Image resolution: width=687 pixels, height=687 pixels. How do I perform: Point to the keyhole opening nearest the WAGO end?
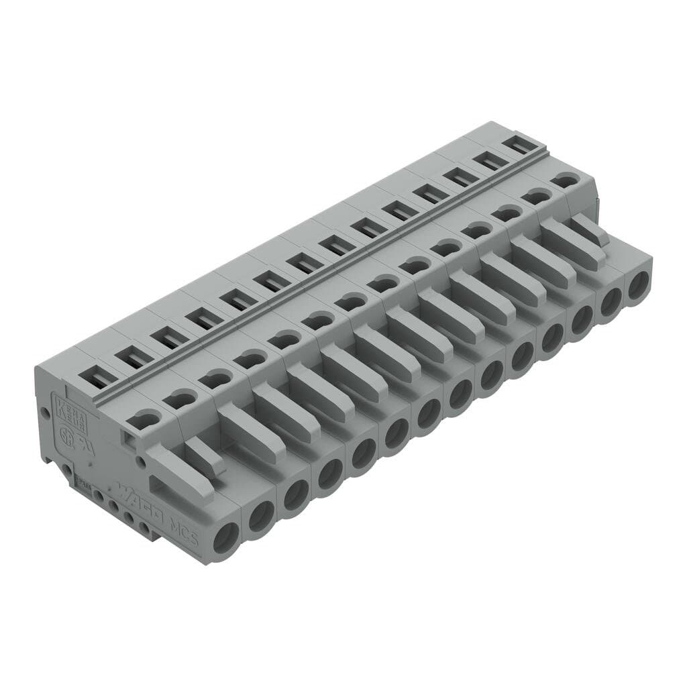click(144, 420)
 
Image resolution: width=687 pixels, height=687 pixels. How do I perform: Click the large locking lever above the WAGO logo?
click(178, 474)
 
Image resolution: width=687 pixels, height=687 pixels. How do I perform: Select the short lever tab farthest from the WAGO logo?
click(590, 228)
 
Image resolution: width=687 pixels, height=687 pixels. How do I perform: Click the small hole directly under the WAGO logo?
click(129, 517)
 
